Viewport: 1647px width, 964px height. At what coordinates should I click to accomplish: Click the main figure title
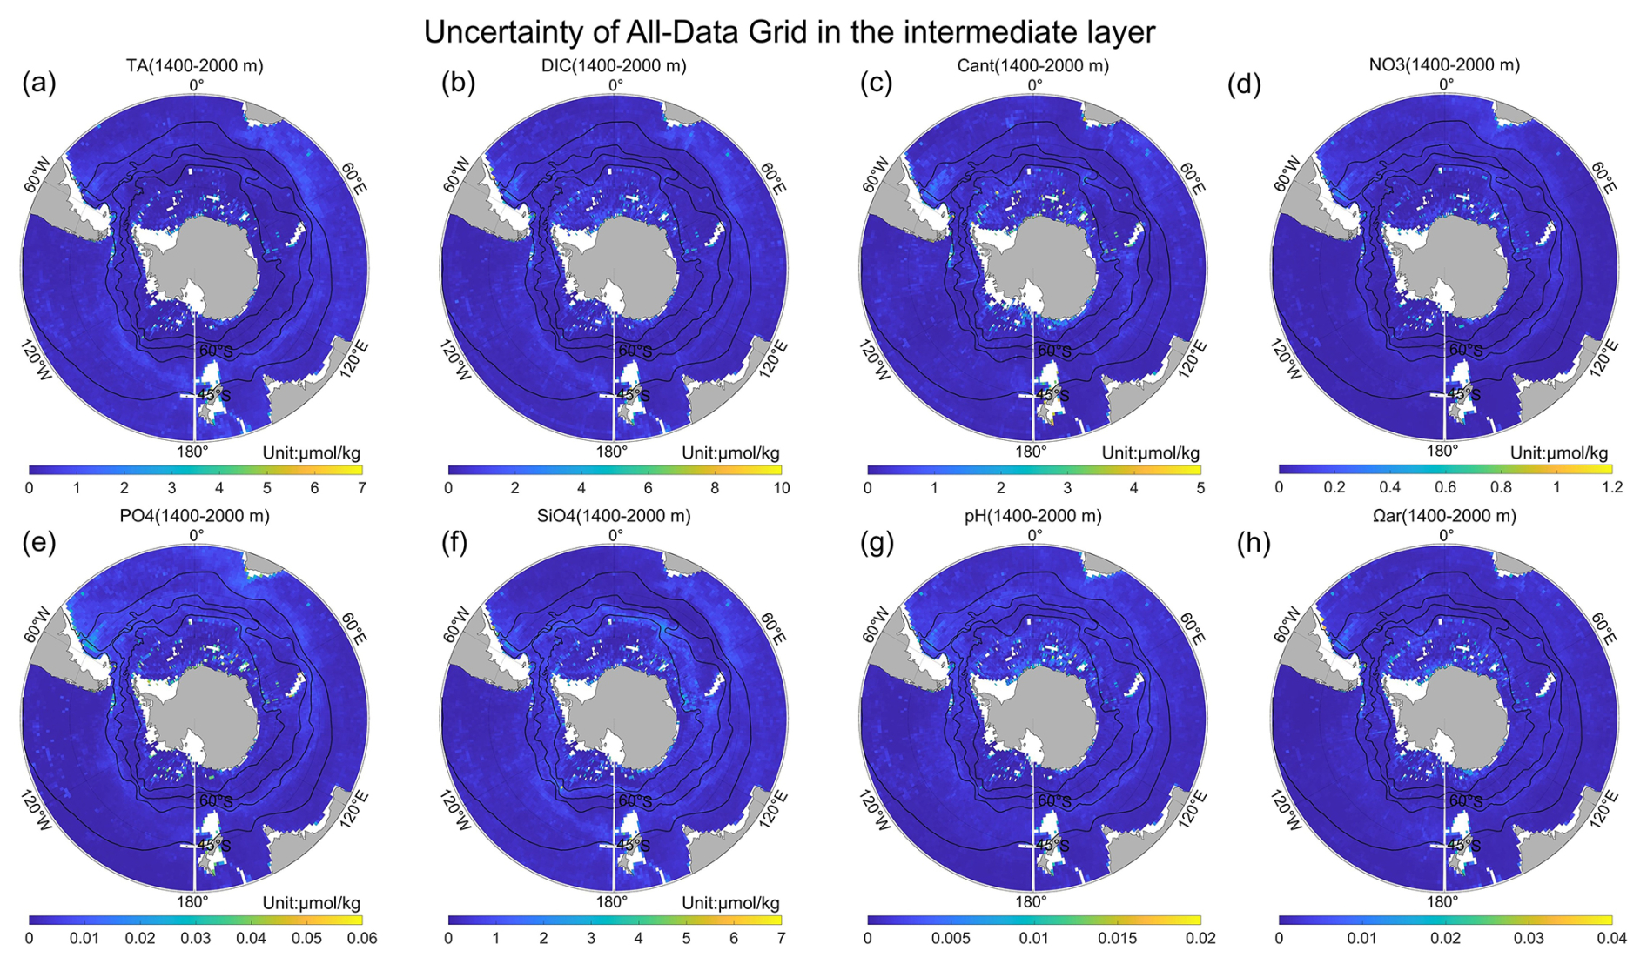click(789, 32)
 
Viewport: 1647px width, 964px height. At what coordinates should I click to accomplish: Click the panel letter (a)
click(39, 83)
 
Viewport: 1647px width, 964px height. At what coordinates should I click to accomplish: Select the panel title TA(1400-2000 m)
click(194, 65)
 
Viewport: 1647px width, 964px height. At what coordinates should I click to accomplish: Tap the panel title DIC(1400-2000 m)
click(614, 65)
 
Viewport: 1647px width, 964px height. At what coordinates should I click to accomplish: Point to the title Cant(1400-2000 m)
click(1032, 65)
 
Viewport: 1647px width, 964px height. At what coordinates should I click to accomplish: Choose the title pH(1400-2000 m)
click(1032, 516)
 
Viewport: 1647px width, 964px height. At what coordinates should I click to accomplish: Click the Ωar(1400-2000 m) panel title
click(1444, 516)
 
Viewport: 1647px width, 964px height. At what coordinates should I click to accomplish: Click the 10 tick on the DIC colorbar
click(782, 488)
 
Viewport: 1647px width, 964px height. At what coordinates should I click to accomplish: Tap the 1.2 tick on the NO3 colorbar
click(1612, 487)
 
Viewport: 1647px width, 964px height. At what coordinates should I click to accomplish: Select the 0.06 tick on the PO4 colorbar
click(362, 938)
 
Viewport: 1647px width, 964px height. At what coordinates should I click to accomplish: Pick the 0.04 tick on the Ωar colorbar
click(1611, 938)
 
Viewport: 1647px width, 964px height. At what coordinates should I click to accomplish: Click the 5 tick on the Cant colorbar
click(1200, 488)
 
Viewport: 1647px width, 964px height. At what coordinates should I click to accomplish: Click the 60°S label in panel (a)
click(216, 351)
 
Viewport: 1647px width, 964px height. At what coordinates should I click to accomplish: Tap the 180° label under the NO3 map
click(1442, 451)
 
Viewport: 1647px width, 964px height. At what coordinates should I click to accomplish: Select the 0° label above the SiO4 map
click(615, 535)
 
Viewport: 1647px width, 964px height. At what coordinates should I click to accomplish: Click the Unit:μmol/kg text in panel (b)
click(730, 452)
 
